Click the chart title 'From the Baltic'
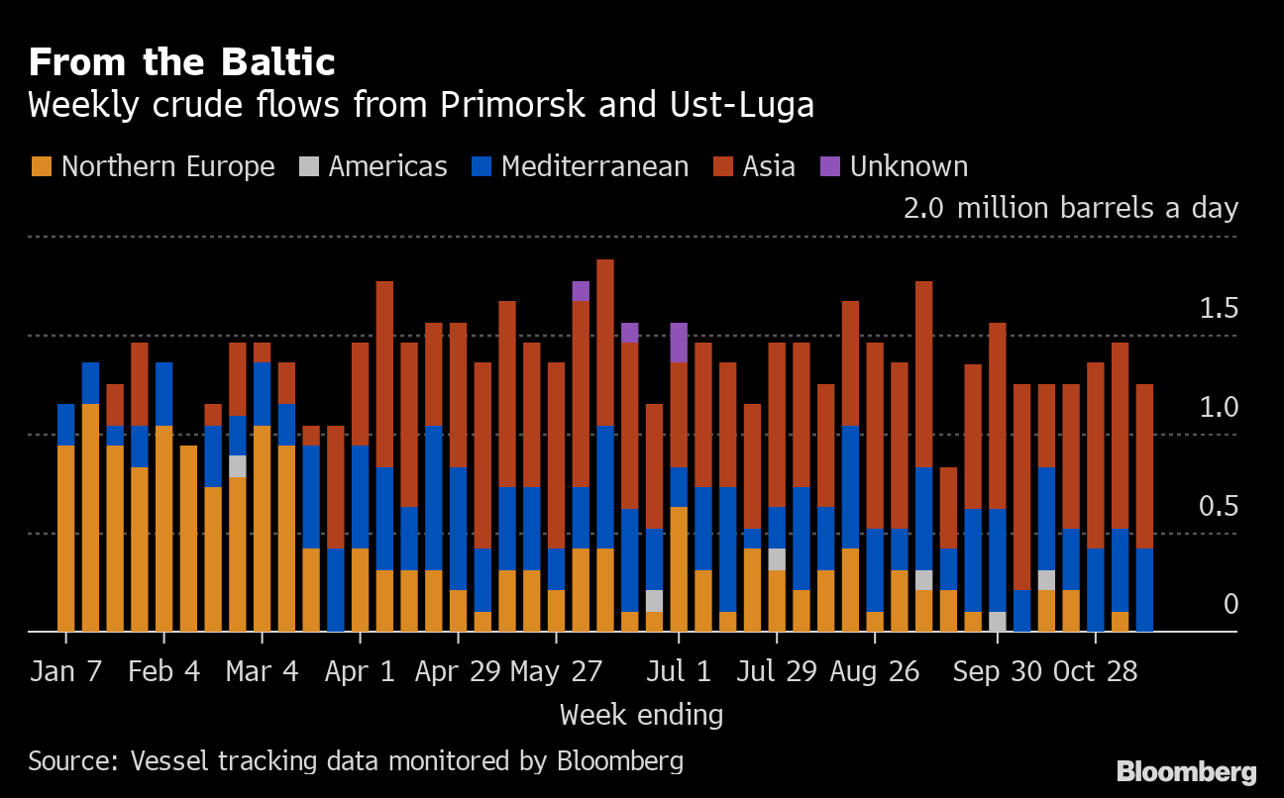tap(181, 61)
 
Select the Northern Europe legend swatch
tap(41, 166)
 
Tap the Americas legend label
tap(387, 166)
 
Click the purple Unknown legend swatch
tap(829, 166)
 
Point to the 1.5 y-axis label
tap(1219, 309)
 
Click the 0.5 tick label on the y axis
tap(1219, 507)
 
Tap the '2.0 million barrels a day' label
tap(1070, 209)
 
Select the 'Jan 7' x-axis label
tap(65, 671)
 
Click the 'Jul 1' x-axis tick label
tap(679, 671)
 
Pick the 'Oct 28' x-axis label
tap(1094, 671)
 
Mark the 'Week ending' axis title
tap(641, 715)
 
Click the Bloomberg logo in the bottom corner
tap(1186, 772)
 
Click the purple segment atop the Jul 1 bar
tap(679, 343)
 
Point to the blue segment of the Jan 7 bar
tap(66, 425)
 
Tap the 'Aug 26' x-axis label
tap(874, 671)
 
